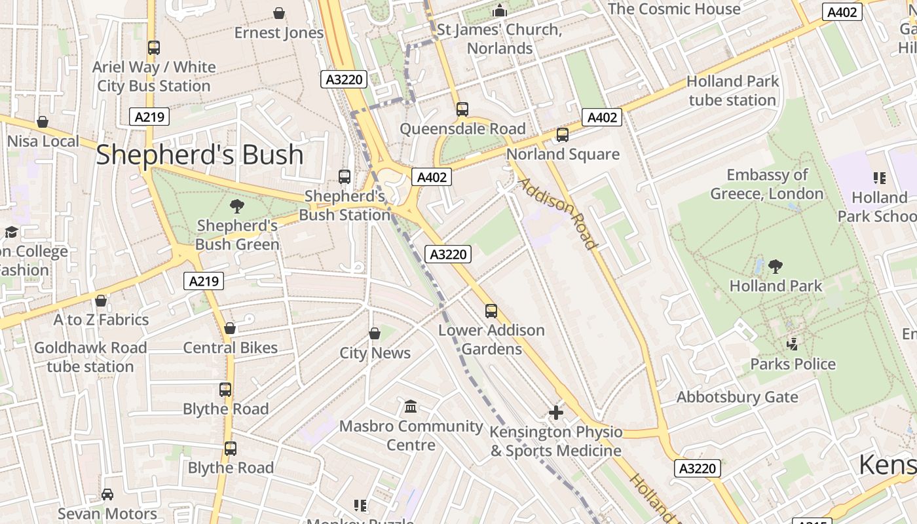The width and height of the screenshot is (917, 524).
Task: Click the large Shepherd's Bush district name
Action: pyautogui.click(x=200, y=155)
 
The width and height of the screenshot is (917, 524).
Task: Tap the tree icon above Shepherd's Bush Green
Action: pyautogui.click(x=237, y=207)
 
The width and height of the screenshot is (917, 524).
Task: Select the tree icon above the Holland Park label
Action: pyautogui.click(x=776, y=267)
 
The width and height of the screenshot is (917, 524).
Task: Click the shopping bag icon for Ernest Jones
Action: pyautogui.click(x=279, y=13)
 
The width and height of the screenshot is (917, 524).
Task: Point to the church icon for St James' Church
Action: pyautogui.click(x=500, y=11)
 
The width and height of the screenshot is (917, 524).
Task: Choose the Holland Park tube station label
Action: pyautogui.click(x=732, y=91)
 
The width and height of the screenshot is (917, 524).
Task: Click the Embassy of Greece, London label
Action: pyautogui.click(x=766, y=184)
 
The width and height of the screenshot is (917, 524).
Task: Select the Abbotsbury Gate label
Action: pyautogui.click(x=737, y=398)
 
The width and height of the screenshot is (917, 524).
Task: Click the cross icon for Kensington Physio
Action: pyautogui.click(x=555, y=413)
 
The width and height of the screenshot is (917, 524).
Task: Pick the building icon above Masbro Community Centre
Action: pyautogui.click(x=411, y=407)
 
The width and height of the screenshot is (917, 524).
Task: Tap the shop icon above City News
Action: pyautogui.click(x=375, y=334)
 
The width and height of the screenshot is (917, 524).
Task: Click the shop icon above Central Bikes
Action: pyautogui.click(x=230, y=328)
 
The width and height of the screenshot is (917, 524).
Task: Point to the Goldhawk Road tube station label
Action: pyautogui.click(x=90, y=357)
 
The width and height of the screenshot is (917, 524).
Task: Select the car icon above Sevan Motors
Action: pyautogui.click(x=107, y=495)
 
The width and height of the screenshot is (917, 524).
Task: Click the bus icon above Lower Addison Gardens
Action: pyautogui.click(x=491, y=311)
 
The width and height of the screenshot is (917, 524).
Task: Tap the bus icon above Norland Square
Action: pyautogui.click(x=562, y=135)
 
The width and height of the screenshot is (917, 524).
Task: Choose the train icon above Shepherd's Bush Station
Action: pyautogui.click(x=345, y=176)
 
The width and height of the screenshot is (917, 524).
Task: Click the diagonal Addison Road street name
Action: pyautogui.click(x=558, y=214)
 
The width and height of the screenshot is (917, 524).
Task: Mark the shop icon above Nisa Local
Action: pyautogui.click(x=43, y=122)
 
